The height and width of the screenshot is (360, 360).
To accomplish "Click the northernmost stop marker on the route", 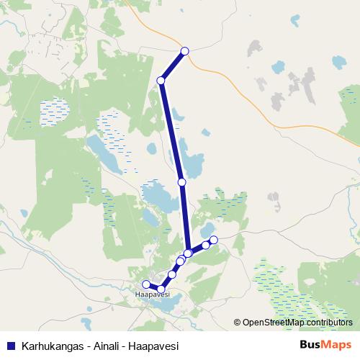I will point(185,50).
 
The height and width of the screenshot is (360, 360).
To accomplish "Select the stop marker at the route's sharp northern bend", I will point(161,81).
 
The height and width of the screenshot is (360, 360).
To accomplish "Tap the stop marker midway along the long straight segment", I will point(181,182).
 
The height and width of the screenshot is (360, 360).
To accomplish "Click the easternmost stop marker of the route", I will point(214,240).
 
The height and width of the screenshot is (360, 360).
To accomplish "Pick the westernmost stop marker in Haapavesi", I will point(146,284).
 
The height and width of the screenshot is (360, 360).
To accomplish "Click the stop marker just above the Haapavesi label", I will point(161,289).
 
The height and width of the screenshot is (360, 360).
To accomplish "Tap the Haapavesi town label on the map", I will point(152,295).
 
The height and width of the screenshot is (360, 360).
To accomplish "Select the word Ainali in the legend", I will point(102,345).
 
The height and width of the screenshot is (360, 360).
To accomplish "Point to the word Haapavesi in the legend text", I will point(152,345).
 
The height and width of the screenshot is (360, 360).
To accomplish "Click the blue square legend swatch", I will point(10,345).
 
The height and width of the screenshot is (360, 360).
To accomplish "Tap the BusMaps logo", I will point(325,345).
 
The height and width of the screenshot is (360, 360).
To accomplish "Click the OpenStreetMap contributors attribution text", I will point(297,323).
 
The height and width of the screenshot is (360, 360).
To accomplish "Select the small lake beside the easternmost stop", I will point(208,229).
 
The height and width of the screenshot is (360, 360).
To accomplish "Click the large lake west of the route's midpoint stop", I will point(160,196).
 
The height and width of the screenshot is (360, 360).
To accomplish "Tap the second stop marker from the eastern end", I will point(205,246).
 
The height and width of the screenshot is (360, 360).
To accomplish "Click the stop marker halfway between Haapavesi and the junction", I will point(173,274).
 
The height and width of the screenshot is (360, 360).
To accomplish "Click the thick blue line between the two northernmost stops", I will point(173,66).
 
